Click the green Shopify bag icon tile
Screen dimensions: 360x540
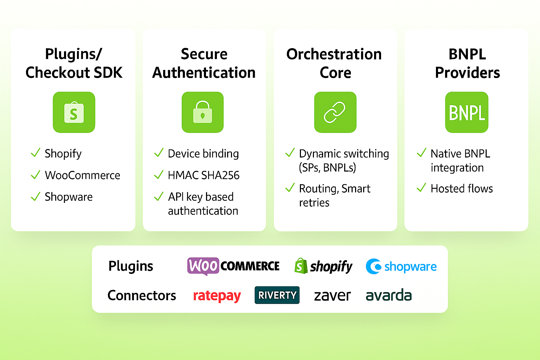click(74, 112)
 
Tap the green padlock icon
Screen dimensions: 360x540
click(202, 112)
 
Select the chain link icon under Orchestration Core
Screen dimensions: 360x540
click(335, 112)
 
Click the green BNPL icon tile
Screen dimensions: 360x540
click(467, 112)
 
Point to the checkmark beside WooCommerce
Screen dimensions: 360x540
click(36, 175)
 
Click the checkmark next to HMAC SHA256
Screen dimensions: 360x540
click(159, 175)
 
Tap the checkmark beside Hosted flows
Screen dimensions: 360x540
click(421, 188)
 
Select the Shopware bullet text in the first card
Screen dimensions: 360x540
click(69, 197)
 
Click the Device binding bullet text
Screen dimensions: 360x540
click(203, 154)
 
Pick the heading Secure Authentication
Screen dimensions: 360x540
click(204, 63)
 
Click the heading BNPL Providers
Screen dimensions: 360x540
click(467, 63)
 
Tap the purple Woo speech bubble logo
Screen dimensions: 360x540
click(203, 266)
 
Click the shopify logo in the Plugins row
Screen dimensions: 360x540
click(323, 266)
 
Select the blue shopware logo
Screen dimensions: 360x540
click(401, 266)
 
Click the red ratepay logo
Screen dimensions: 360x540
click(217, 296)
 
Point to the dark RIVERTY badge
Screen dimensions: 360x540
click(277, 295)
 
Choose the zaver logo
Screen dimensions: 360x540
click(332, 296)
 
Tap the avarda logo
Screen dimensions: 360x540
click(388, 295)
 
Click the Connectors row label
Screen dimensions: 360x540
click(142, 295)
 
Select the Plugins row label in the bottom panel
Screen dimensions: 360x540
click(131, 266)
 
